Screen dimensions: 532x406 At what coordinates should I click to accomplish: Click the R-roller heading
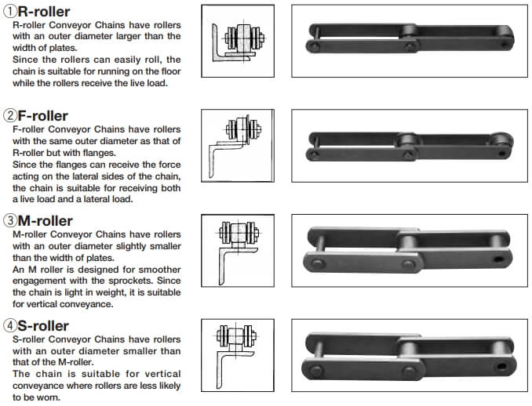point(44,12)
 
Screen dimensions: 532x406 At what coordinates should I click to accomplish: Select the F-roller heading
point(42,116)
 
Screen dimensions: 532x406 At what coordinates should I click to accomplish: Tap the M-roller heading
point(46,221)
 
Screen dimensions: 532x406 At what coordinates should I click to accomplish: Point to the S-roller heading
point(43,326)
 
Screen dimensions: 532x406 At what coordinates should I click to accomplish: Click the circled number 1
point(10,12)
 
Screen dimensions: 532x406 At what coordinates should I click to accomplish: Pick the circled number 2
point(10,115)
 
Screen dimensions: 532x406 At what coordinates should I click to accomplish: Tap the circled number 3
point(10,220)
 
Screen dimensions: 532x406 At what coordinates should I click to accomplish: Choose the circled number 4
point(10,326)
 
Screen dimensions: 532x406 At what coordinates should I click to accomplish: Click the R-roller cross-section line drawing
point(238,41)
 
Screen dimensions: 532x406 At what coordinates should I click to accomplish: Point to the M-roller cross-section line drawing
point(238,249)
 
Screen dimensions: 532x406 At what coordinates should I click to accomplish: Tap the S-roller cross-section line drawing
point(236,354)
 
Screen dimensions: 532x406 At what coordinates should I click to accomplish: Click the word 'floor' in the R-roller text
point(170,71)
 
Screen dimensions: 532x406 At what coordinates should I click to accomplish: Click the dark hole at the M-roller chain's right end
point(498,259)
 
